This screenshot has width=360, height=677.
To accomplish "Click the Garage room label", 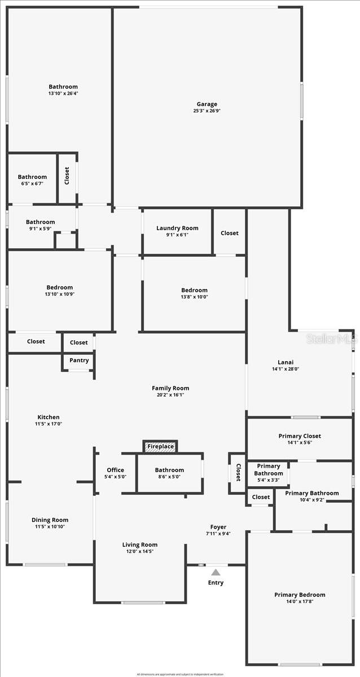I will [207, 104].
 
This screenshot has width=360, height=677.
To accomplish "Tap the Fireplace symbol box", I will [160, 447].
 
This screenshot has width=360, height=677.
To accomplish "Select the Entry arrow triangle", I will [216, 572].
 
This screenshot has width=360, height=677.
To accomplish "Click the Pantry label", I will [79, 361].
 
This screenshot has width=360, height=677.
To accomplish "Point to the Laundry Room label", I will [177, 228].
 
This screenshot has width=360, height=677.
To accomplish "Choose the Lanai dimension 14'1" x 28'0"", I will [285, 370].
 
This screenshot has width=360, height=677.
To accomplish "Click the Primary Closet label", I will [300, 436].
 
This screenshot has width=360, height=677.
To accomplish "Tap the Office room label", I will [115, 470].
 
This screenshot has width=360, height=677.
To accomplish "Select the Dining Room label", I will [50, 520].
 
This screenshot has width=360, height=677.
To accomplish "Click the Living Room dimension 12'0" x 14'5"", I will [140, 551].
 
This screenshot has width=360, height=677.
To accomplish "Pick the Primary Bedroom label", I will [300, 595].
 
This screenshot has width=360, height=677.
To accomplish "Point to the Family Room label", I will [170, 388].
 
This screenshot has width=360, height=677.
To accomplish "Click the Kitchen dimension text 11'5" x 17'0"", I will [49, 424].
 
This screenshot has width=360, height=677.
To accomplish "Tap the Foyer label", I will [218, 527].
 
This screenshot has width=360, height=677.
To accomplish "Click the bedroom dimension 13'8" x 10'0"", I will [194, 297].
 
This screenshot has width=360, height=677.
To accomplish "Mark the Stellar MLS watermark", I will [332, 339].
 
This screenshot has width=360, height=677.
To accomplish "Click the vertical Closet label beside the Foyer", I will [238, 472].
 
